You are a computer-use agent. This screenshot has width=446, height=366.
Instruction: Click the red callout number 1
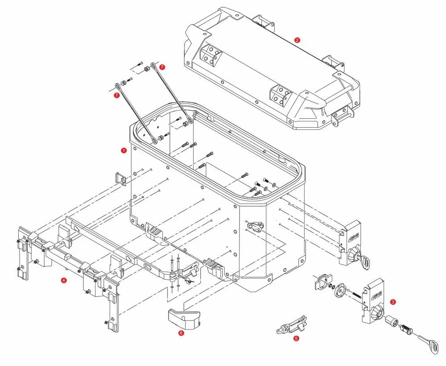click(124, 150)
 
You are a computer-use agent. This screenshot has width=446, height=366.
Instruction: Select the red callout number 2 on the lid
click(297, 40)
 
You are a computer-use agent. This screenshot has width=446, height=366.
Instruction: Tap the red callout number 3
click(392, 302)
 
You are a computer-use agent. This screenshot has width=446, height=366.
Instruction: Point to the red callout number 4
click(64, 280)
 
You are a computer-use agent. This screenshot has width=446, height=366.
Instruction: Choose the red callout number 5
click(297, 338)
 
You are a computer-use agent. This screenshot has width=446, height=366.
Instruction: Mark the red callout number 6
click(181, 333)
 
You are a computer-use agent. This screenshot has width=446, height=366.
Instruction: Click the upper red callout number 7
click(162, 67)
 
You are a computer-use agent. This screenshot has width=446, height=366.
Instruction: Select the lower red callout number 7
click(116, 95)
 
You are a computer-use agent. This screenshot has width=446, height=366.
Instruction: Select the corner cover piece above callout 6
click(184, 318)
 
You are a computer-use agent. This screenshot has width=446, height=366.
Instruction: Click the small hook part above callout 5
click(292, 324)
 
